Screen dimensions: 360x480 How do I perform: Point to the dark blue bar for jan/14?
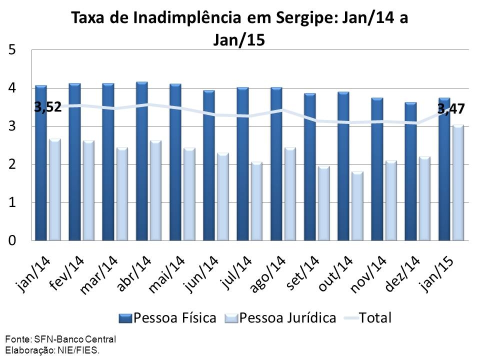click(x=41, y=165)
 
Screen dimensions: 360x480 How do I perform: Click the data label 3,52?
click(x=48, y=106)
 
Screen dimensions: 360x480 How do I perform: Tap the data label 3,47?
click(x=451, y=108)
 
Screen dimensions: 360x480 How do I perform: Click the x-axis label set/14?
click(x=302, y=274)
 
